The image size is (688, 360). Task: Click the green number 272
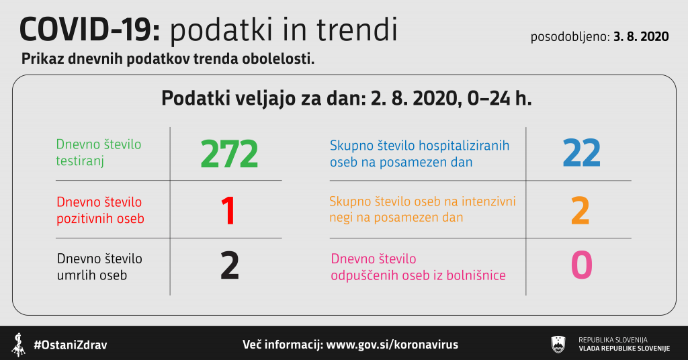pos(229,154)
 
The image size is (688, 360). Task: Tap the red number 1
pos(228,211)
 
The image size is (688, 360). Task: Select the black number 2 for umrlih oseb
pos(230,266)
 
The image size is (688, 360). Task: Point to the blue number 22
pos(581,153)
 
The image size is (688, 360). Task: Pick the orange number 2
pos(580,211)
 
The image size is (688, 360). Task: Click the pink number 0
pos(581,265)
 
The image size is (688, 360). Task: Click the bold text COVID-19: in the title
pos(90,30)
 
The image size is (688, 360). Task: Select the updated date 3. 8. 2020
pos(641,36)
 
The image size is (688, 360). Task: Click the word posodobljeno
pos(570,37)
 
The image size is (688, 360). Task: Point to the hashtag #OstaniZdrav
pos(71,345)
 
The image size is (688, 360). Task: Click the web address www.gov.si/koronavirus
pos(392,345)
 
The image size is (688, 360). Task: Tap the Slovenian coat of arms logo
pos(558,344)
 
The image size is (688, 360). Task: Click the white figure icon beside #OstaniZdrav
pos(18,345)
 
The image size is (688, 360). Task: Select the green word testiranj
pos(80,161)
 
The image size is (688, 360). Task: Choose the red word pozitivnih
pos(83,218)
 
